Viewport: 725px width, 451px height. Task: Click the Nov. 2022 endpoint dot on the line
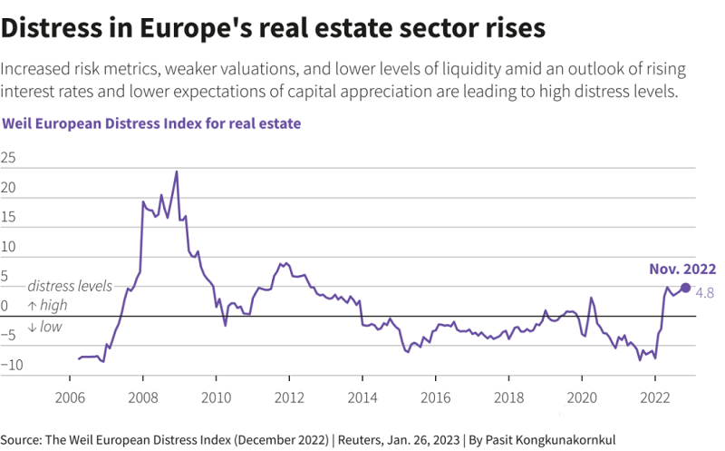click(x=685, y=288)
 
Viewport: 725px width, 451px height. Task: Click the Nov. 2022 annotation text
click(x=682, y=269)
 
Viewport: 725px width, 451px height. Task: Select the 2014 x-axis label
click(x=362, y=397)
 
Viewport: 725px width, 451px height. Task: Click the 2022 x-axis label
click(x=655, y=397)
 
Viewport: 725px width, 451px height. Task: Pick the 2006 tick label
click(x=70, y=397)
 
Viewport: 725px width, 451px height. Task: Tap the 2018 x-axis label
click(x=508, y=397)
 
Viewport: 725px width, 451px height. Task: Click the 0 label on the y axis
click(x=5, y=306)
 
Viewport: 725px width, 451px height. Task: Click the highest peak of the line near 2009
click(x=177, y=172)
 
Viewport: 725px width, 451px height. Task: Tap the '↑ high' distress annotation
click(x=47, y=306)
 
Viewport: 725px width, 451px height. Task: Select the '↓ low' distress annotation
click(x=44, y=327)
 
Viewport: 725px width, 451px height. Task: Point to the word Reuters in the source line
click(x=362, y=439)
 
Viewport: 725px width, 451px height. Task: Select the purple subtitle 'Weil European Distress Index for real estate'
click(x=152, y=122)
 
